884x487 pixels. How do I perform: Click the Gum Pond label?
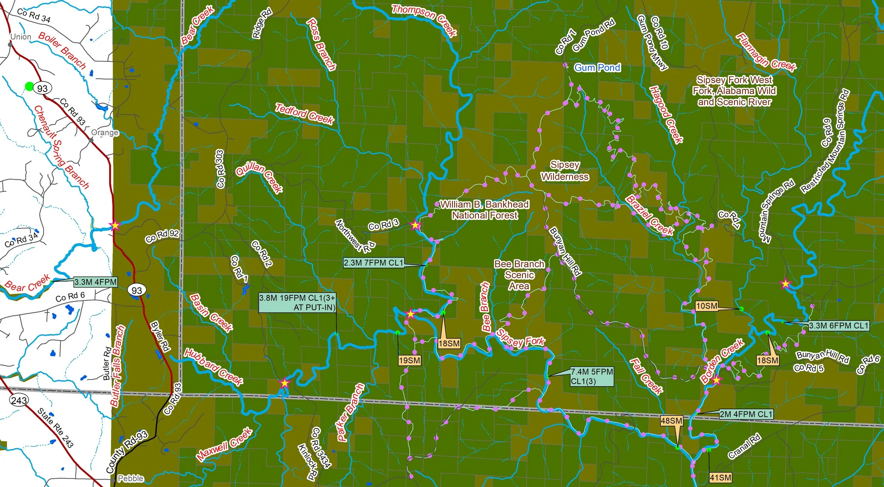pos(597,68)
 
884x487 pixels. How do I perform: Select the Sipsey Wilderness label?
pos(565,171)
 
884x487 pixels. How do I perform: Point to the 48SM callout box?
pos(671,421)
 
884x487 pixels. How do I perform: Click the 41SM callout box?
pos(720,478)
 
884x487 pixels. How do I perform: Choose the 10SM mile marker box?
pos(706,306)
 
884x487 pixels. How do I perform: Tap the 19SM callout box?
pos(409,360)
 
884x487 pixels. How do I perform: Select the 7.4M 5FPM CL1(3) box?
pos(592,376)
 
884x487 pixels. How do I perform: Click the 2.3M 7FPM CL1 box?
pos(373,263)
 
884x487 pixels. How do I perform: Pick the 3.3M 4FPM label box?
pos(95,282)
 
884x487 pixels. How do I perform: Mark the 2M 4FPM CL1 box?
pos(746,414)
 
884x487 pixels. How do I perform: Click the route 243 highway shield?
pos(19,400)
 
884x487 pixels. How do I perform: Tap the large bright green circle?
pos(29,86)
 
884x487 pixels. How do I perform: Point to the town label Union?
pos(21,37)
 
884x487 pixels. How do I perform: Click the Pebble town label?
pos(130,479)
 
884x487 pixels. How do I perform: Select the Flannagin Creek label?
pos(766,52)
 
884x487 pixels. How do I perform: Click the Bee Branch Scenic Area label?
pos(519,275)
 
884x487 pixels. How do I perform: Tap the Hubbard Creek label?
pos(214,367)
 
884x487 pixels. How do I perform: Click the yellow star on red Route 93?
pos(115,225)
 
